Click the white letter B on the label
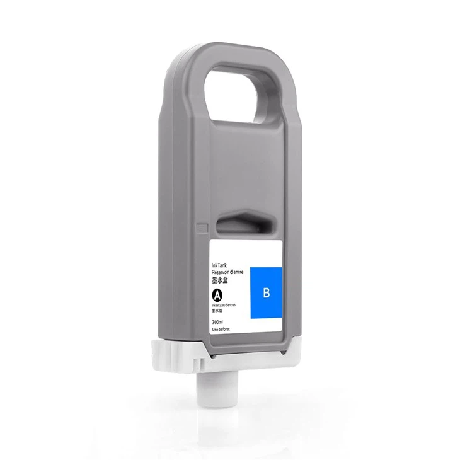tap(265, 292)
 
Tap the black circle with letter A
tap(218, 294)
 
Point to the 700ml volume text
tap(218, 323)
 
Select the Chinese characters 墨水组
tap(217, 311)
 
